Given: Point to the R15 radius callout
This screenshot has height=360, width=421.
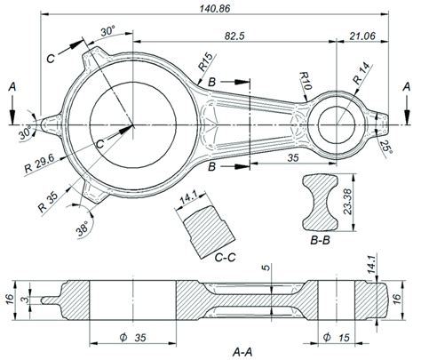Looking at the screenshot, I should (205, 64).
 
